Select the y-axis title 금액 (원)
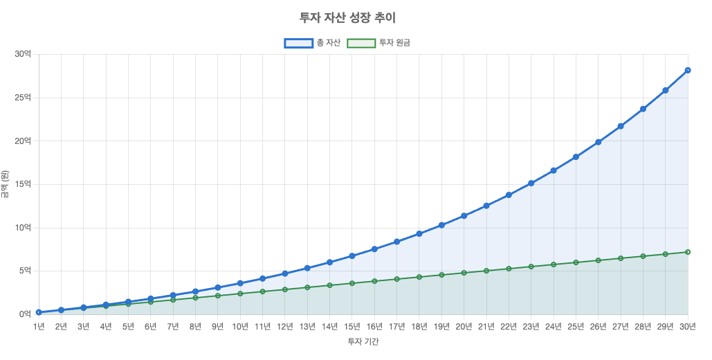tap(6, 184)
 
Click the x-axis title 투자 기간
tap(363, 341)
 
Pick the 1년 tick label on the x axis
tap(39, 326)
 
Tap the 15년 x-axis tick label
tap(352, 326)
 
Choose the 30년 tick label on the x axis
tap(688, 326)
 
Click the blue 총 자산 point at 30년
tap(688, 70)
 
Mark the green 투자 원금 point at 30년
tap(688, 252)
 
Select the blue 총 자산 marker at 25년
tap(576, 157)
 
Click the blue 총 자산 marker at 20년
tap(464, 216)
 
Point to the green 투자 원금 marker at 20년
tap(464, 273)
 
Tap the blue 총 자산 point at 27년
tap(621, 126)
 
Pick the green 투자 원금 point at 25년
tap(576, 262)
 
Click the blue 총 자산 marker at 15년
tap(352, 256)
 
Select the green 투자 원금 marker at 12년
tap(285, 289)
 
